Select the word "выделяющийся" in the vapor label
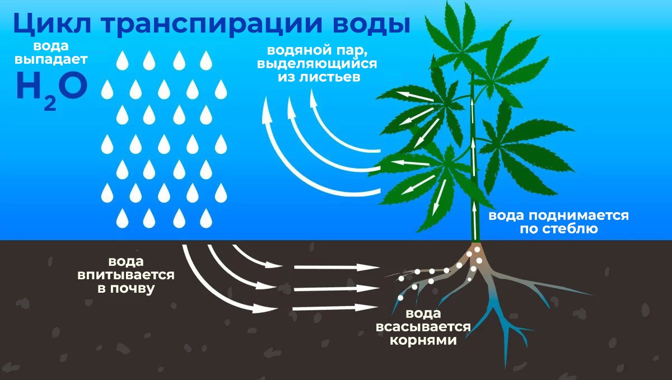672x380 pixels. (x=317, y=63)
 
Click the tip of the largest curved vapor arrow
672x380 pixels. (x=267, y=113)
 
